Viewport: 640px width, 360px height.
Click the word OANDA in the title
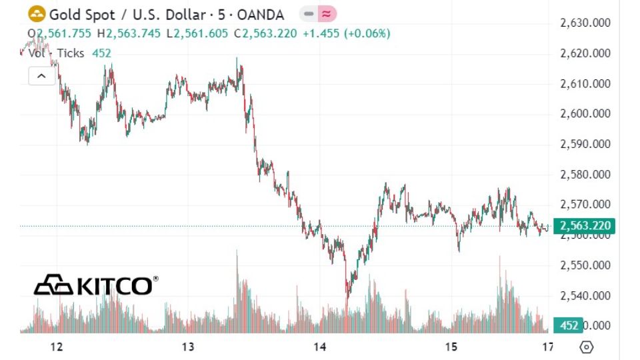(259, 14)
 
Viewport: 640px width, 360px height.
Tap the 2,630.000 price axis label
(585, 23)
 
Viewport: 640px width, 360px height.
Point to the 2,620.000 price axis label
(585, 53)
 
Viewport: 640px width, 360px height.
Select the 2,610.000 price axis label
(585, 84)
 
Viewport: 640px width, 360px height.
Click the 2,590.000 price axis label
(585, 144)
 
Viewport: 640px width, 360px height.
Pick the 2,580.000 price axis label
(585, 175)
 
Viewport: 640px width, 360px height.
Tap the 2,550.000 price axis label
(585, 265)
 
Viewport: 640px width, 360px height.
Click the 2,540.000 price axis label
(585, 295)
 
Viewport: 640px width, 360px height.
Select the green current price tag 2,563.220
(585, 226)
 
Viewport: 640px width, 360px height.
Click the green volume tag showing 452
(569, 325)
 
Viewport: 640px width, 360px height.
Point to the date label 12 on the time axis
(57, 347)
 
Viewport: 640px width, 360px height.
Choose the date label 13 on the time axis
(188, 347)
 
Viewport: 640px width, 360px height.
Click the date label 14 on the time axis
(320, 347)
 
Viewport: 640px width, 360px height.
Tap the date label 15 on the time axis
(452, 347)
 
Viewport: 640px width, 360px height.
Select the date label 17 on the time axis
(548, 347)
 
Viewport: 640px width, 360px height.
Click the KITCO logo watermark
(96, 285)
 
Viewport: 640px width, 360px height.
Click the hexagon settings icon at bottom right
(587, 347)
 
